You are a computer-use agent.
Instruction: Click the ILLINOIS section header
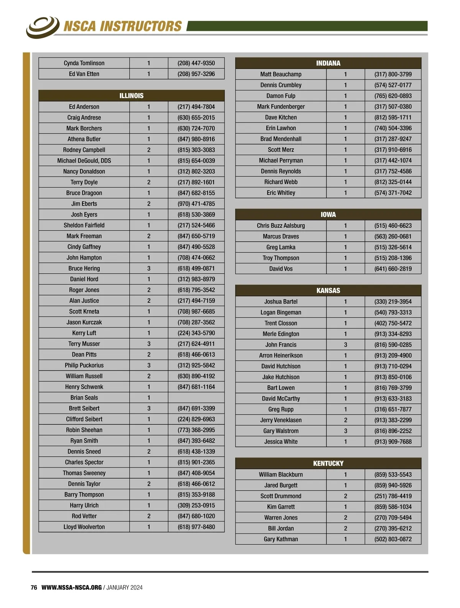click(131, 96)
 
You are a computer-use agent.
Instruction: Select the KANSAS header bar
click(328, 291)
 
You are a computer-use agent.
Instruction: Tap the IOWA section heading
click(328, 215)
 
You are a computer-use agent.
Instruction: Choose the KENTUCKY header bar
click(328, 463)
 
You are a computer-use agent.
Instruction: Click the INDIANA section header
click(328, 63)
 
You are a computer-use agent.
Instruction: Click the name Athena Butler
click(84, 139)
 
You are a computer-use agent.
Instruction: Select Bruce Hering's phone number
click(196, 268)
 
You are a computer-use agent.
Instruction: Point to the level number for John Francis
click(345, 345)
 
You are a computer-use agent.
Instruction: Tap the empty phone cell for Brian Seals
click(196, 397)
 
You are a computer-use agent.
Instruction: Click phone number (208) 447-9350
click(196, 63)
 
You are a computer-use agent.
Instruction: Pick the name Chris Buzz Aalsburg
click(281, 226)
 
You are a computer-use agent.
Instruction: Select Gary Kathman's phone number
click(393, 539)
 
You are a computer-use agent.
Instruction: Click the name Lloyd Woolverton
click(84, 527)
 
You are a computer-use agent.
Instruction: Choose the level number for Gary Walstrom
click(345, 431)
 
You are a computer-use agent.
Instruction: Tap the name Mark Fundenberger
click(281, 106)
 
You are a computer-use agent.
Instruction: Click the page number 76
click(34, 587)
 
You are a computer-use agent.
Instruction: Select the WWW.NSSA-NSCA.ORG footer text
click(72, 587)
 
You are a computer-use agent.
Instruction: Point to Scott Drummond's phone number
click(393, 496)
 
